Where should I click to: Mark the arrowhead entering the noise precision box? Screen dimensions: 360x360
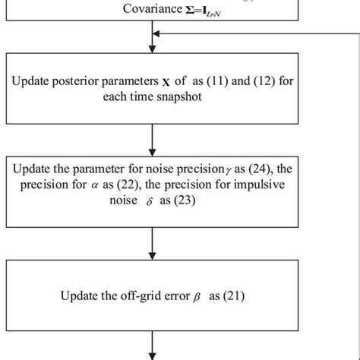(x=154, y=152)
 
